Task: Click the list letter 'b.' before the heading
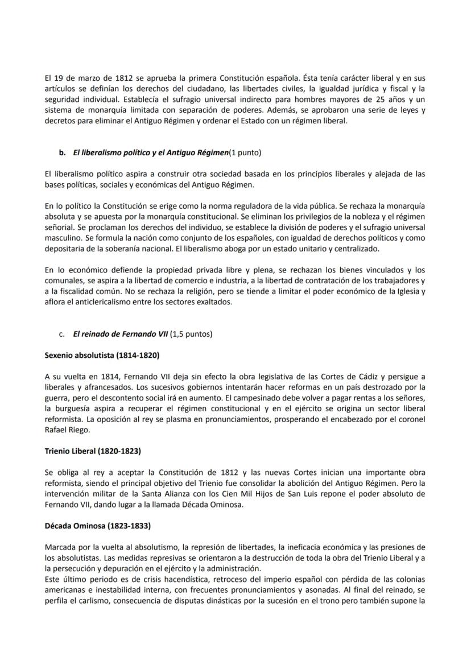pyautogui.click(x=63, y=152)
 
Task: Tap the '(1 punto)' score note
pyautogui.click(x=245, y=152)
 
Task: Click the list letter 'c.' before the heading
pyautogui.click(x=63, y=334)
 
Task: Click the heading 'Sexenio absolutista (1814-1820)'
pyautogui.click(x=102, y=356)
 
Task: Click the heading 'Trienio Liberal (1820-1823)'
pyautogui.click(x=93, y=451)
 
